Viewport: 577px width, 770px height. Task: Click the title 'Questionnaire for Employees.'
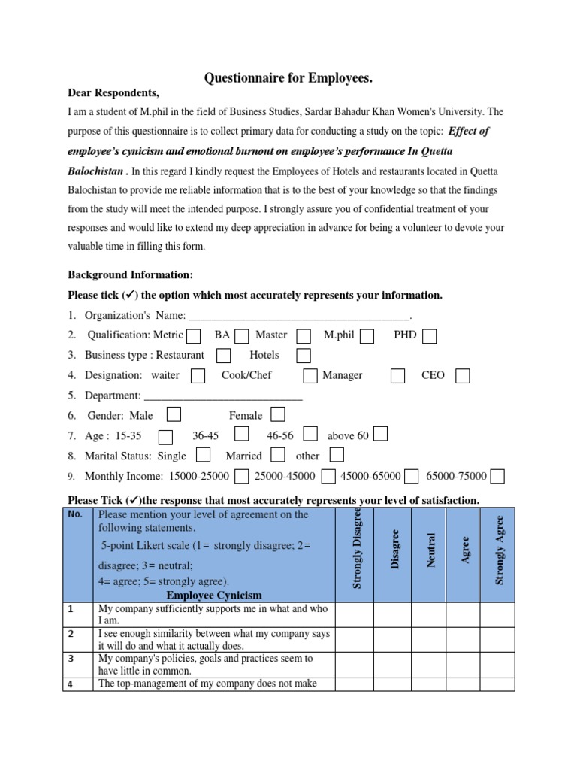(x=289, y=78)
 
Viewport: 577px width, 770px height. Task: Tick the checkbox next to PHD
(x=430, y=336)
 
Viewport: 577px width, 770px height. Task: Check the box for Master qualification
(x=304, y=336)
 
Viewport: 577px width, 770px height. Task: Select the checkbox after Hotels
(x=304, y=356)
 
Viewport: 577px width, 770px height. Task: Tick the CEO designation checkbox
(x=463, y=376)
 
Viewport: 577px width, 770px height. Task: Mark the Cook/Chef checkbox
(x=310, y=376)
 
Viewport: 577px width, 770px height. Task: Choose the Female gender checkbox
(x=278, y=414)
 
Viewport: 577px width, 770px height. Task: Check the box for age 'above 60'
(x=381, y=434)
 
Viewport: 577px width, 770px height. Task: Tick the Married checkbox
(x=278, y=454)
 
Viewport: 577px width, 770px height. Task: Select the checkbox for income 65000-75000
(x=497, y=475)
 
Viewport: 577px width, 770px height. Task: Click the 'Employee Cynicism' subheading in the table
(x=214, y=596)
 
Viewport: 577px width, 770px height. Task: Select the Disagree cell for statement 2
(x=392, y=640)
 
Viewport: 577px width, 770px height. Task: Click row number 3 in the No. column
(x=71, y=659)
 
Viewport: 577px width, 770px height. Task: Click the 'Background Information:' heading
(x=131, y=275)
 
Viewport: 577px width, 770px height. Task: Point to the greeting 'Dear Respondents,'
(x=113, y=93)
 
